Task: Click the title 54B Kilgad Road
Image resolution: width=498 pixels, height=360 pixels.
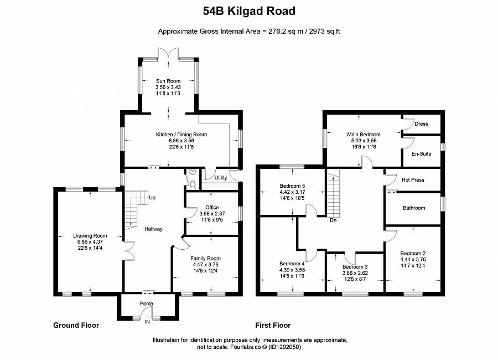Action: [x=248, y=11]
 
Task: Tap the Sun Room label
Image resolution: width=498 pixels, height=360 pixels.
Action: [x=168, y=81]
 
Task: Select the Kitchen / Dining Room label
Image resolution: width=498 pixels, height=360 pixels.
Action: [x=181, y=135]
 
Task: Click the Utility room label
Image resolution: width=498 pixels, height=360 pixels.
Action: [x=221, y=178]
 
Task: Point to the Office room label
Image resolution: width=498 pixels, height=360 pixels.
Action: [x=212, y=208]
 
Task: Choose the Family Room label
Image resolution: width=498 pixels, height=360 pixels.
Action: [x=205, y=258]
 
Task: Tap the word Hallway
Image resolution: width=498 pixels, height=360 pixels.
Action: [x=153, y=229]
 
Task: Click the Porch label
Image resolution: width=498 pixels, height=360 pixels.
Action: [x=147, y=304]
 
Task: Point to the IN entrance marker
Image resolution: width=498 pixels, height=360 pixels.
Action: [x=147, y=322]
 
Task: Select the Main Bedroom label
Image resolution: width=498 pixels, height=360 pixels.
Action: [x=364, y=135]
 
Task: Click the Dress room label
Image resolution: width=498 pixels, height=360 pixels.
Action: [x=421, y=124]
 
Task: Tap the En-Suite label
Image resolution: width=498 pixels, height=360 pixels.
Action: [x=422, y=154]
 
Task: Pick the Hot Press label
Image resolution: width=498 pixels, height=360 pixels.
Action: [x=413, y=180]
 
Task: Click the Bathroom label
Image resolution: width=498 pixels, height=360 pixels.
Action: [x=414, y=208]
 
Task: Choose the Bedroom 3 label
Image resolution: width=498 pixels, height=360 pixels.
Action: [x=355, y=266]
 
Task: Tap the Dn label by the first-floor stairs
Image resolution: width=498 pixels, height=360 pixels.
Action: [x=333, y=220]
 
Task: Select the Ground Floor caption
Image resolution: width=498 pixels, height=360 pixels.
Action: [x=76, y=326]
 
